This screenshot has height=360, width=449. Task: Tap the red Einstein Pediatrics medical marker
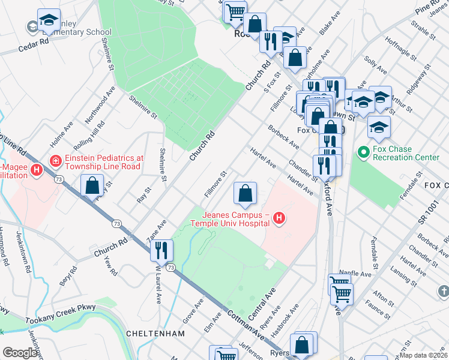(56, 161)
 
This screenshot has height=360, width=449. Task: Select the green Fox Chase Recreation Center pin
(363, 152)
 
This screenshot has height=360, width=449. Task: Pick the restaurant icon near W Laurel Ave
(161, 250)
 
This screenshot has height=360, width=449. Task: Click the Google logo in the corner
(20, 353)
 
